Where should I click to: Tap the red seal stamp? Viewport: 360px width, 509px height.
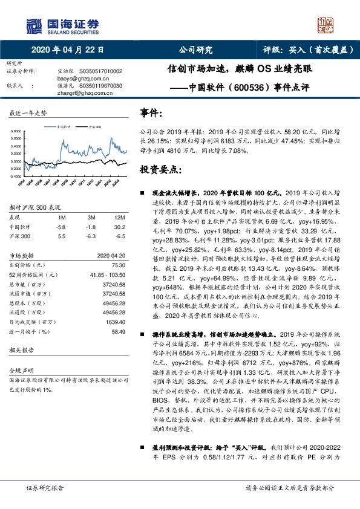[x=327, y=25]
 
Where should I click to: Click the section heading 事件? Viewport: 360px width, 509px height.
[x=151, y=112]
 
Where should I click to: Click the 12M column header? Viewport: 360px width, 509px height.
[x=119, y=217]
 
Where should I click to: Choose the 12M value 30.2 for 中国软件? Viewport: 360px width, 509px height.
[x=120, y=226]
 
